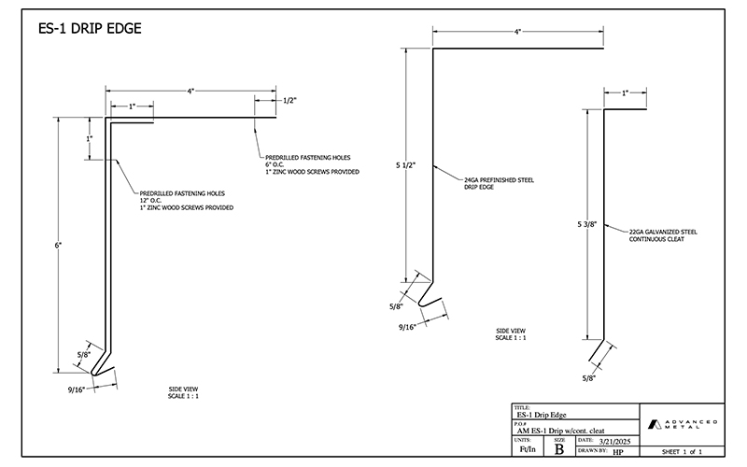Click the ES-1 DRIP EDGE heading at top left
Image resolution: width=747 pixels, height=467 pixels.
click(x=91, y=29)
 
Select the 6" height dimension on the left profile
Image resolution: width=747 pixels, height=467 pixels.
click(x=58, y=245)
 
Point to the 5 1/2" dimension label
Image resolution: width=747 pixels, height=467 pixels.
click(x=406, y=164)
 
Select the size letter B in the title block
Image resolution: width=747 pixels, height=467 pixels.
click(x=558, y=448)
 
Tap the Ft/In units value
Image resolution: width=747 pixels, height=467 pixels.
click(x=526, y=449)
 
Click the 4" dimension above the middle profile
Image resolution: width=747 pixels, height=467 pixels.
click(x=516, y=32)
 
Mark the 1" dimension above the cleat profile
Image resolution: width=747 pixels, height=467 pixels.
click(x=625, y=93)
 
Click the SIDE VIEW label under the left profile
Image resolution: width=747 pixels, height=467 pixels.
click(x=183, y=389)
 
